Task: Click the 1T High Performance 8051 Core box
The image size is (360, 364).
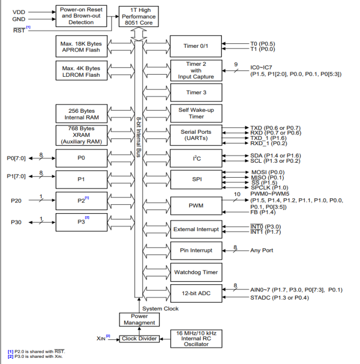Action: point(138,16)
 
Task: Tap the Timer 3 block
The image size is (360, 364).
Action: point(195,92)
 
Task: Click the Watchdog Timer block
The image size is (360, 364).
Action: point(195,272)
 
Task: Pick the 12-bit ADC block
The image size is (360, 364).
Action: point(195,293)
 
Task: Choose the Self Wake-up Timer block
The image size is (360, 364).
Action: point(195,113)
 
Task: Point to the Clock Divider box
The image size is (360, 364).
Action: point(139,338)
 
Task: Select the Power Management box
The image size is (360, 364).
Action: point(139,319)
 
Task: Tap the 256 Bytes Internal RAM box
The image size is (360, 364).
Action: point(80,114)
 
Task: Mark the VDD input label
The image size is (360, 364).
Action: point(18,11)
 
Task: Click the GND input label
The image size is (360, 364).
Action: point(18,20)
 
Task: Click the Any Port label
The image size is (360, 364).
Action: point(261,251)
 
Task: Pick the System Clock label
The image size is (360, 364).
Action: point(160,308)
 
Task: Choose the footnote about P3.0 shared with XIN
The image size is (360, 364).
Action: point(36,356)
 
